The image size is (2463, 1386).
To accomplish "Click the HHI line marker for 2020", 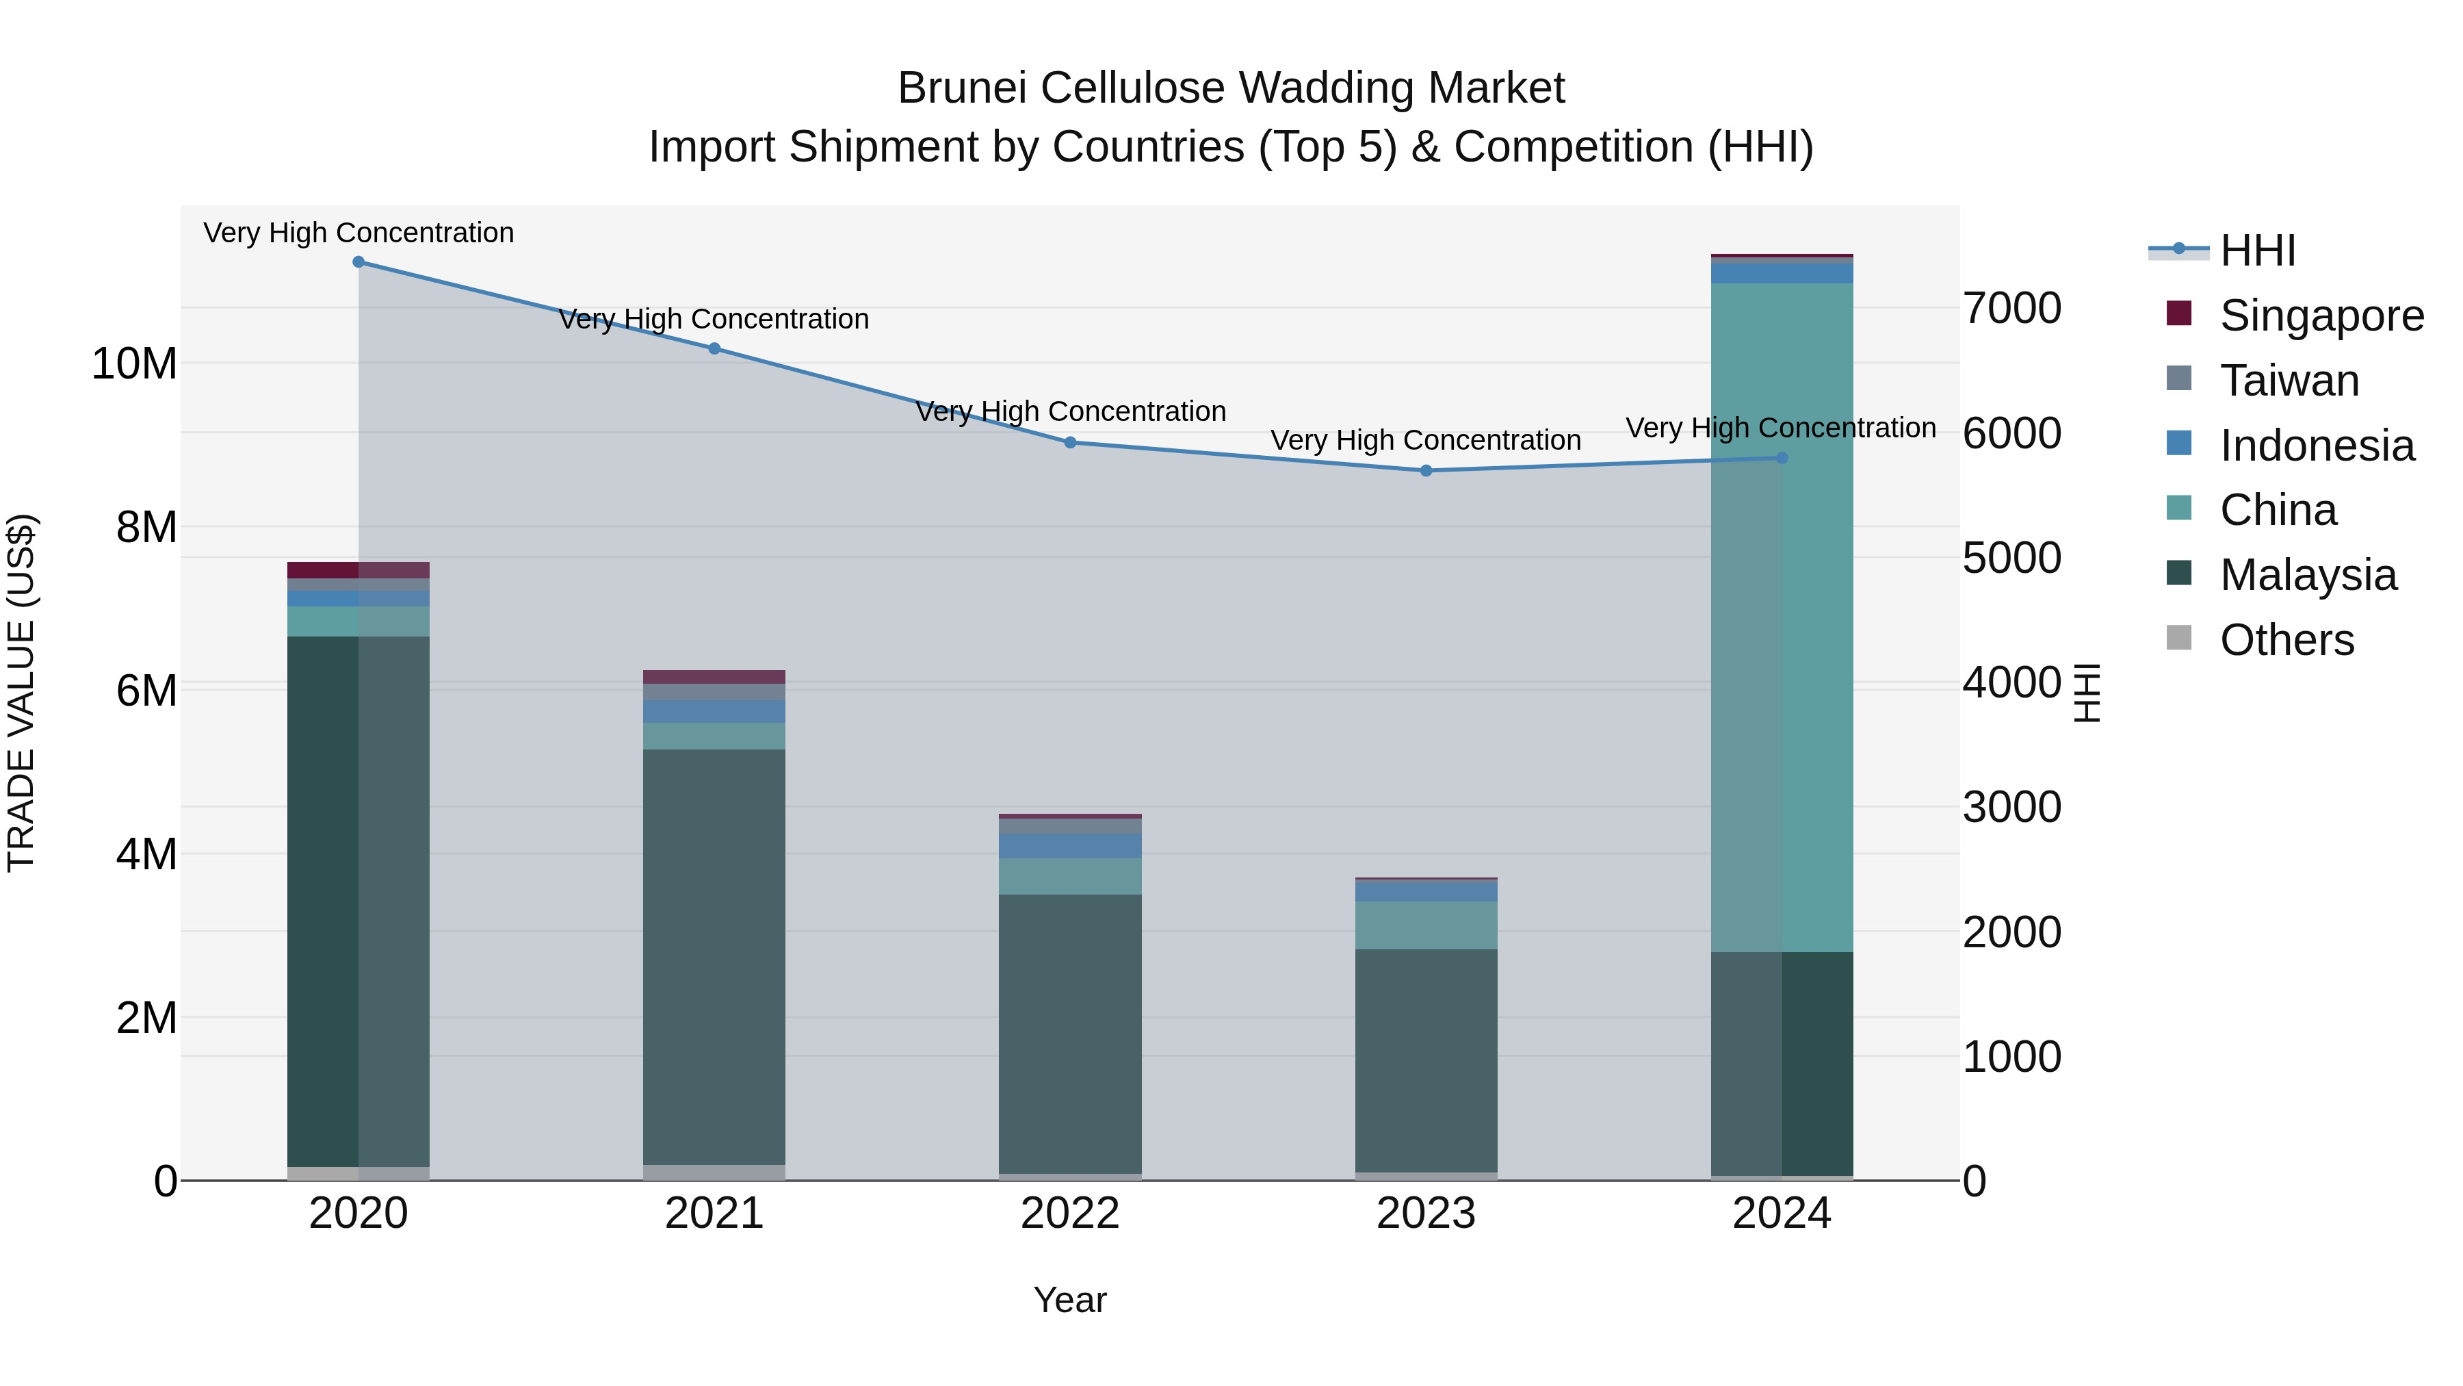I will [x=359, y=262].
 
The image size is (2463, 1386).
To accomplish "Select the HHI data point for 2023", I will [x=1426, y=471].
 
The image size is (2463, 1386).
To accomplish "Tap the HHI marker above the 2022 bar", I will [x=1070, y=443].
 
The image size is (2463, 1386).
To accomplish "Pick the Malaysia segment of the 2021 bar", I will [x=714, y=957].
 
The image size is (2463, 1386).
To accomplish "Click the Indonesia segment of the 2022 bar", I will [x=1070, y=845].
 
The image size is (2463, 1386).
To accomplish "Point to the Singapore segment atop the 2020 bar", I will [x=359, y=570].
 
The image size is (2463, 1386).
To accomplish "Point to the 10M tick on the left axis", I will [x=134, y=364].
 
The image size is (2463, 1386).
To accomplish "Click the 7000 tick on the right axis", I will [x=2011, y=309].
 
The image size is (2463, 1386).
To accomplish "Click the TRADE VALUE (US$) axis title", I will [x=22, y=693].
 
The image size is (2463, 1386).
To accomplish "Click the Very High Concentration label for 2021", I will [x=714, y=320].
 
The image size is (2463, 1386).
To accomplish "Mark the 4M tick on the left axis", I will [x=146, y=854].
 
